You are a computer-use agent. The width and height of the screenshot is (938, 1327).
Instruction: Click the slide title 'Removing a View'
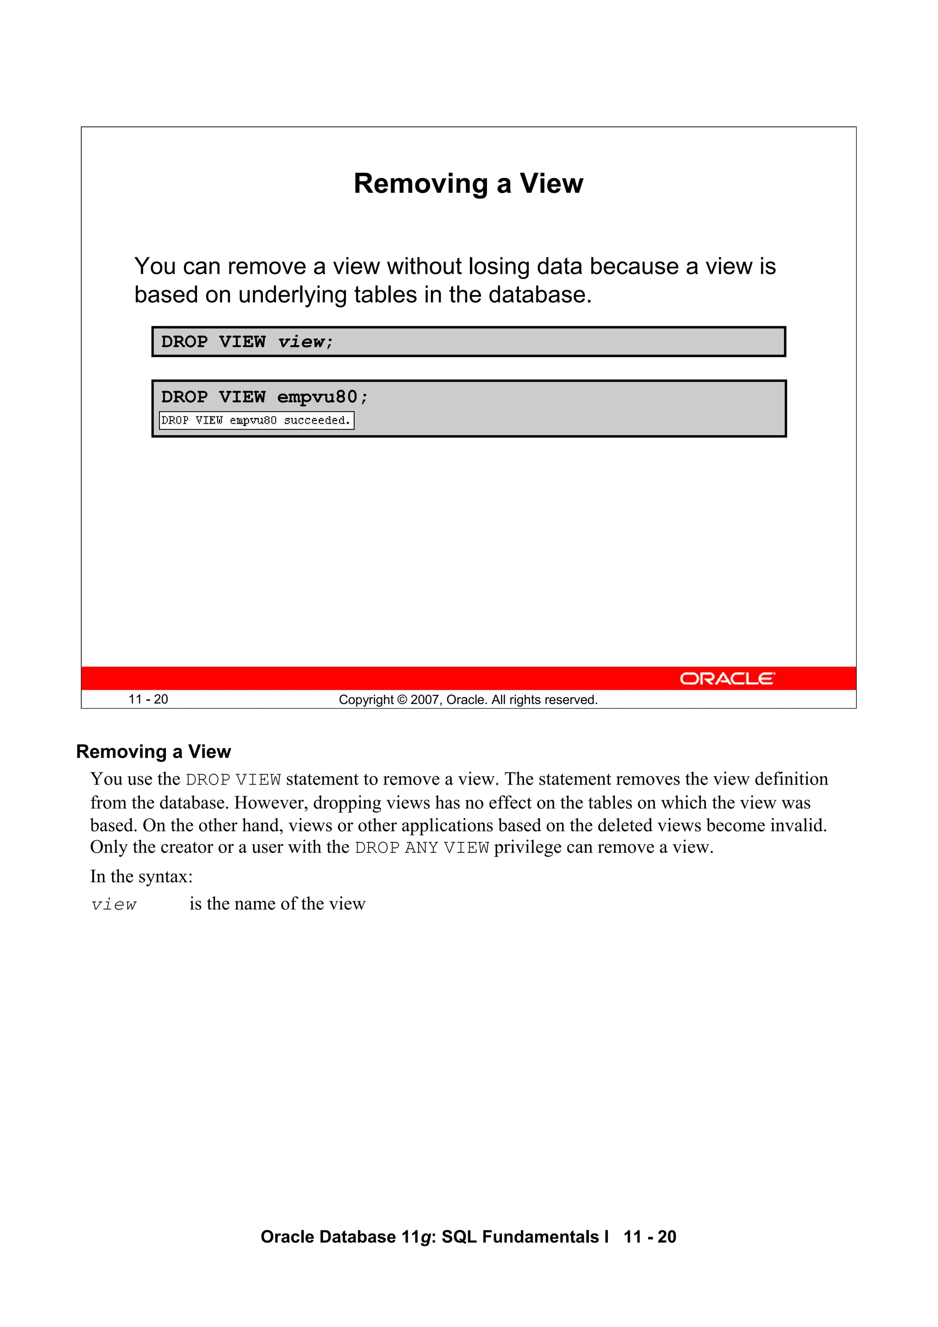[x=468, y=184]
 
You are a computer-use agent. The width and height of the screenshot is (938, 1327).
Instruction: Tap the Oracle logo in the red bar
[x=727, y=678]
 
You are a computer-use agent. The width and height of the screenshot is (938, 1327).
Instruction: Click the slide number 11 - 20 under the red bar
[x=148, y=699]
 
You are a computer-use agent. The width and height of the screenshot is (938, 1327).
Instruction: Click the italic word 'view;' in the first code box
[x=305, y=342]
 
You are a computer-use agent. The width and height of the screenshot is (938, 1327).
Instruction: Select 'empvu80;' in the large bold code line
[x=322, y=398]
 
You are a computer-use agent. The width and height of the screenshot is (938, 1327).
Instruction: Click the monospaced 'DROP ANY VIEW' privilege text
[x=422, y=848]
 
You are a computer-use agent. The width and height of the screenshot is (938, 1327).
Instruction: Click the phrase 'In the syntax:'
[x=141, y=877]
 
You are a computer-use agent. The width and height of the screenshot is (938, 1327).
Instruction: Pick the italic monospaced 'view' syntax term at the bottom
[x=114, y=905]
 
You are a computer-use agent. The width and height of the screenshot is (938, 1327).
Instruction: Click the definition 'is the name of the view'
[x=278, y=904]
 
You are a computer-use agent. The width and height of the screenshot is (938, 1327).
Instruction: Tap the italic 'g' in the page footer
[x=428, y=1237]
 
